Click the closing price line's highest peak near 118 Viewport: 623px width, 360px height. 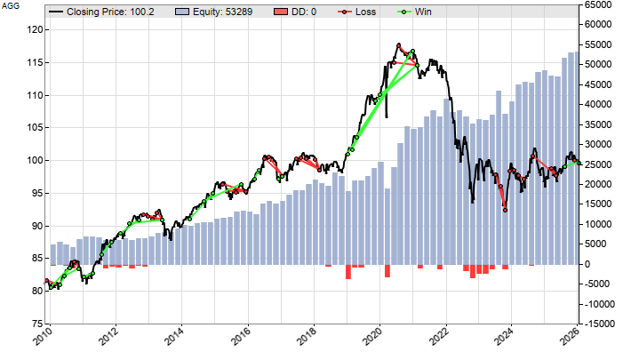point(399,44)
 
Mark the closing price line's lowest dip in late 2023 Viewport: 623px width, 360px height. point(505,210)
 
